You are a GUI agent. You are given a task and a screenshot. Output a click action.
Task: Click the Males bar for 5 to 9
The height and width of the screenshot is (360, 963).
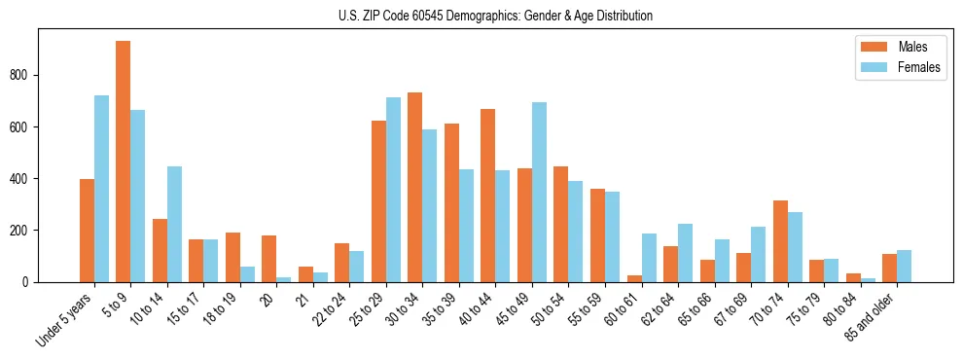(124, 162)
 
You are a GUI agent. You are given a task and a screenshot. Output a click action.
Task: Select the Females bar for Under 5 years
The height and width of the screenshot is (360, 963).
(101, 189)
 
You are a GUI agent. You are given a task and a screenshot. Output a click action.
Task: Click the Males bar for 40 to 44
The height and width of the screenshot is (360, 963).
(488, 196)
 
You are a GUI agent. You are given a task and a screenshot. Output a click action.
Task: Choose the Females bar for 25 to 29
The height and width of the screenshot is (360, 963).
(393, 190)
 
